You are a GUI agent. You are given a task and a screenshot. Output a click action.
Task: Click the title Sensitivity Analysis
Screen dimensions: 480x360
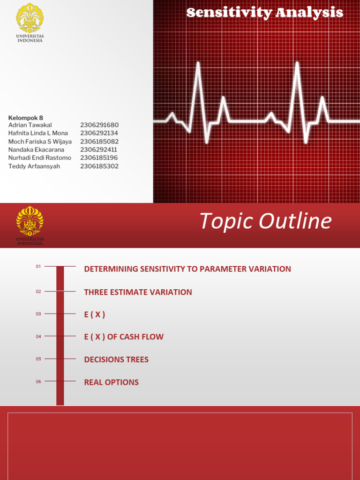[x=264, y=13]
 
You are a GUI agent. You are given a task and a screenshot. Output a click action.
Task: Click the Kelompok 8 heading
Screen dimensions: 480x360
[x=26, y=118]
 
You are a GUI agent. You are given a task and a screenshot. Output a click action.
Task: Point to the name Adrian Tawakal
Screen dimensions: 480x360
[x=30, y=125]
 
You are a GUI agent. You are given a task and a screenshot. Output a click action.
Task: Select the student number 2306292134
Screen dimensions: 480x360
[x=99, y=133]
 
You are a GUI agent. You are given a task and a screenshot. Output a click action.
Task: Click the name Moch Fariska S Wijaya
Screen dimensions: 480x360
[x=40, y=142]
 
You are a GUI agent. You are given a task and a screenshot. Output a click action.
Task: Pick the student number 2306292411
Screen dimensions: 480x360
[x=98, y=150]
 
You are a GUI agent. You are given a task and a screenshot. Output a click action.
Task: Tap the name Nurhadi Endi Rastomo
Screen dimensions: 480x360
[x=40, y=158]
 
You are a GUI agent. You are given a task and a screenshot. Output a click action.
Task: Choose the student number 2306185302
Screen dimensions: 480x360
[x=99, y=166]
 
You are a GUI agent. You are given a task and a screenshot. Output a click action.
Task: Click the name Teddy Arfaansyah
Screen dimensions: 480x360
[x=34, y=166]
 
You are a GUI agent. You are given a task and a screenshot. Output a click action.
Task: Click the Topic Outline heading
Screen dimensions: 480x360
[x=265, y=221]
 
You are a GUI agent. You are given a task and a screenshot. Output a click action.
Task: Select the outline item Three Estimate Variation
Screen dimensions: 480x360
[x=138, y=292]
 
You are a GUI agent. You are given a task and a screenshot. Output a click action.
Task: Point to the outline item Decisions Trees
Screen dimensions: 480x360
[x=116, y=360]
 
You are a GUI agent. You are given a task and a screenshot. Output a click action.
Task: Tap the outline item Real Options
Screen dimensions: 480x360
[x=111, y=382]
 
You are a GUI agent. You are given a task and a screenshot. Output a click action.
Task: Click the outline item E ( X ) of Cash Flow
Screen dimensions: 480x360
[x=124, y=337]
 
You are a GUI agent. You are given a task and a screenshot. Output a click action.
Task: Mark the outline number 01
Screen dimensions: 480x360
[x=38, y=267]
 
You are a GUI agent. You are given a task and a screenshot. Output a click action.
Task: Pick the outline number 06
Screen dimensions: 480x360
[x=38, y=382]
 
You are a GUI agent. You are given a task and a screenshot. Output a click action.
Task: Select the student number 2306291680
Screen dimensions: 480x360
[x=99, y=125]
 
